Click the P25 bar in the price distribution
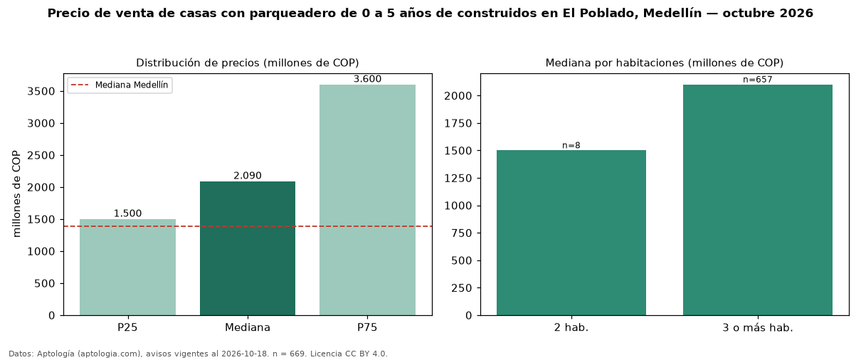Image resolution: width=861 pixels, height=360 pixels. click(127, 268)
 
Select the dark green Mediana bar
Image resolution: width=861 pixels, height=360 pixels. click(248, 248)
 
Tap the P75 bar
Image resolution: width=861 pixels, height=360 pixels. click(367, 200)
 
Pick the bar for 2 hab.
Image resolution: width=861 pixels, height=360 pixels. click(571, 233)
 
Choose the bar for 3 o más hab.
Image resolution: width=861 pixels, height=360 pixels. click(758, 200)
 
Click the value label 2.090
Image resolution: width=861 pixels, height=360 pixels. click(248, 176)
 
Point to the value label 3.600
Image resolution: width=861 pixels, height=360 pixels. click(367, 79)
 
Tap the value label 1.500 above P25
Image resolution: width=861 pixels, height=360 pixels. click(127, 213)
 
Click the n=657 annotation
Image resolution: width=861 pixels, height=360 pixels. click(758, 80)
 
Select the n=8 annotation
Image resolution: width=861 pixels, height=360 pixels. click(571, 145)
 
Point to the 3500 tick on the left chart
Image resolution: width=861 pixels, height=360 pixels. click(41, 92)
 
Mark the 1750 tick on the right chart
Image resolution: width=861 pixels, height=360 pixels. click(458, 123)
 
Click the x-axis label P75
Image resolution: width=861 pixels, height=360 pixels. click(367, 327)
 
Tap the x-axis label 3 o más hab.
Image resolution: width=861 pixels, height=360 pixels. click(758, 328)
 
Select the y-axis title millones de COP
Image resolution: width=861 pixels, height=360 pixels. click(16, 194)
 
